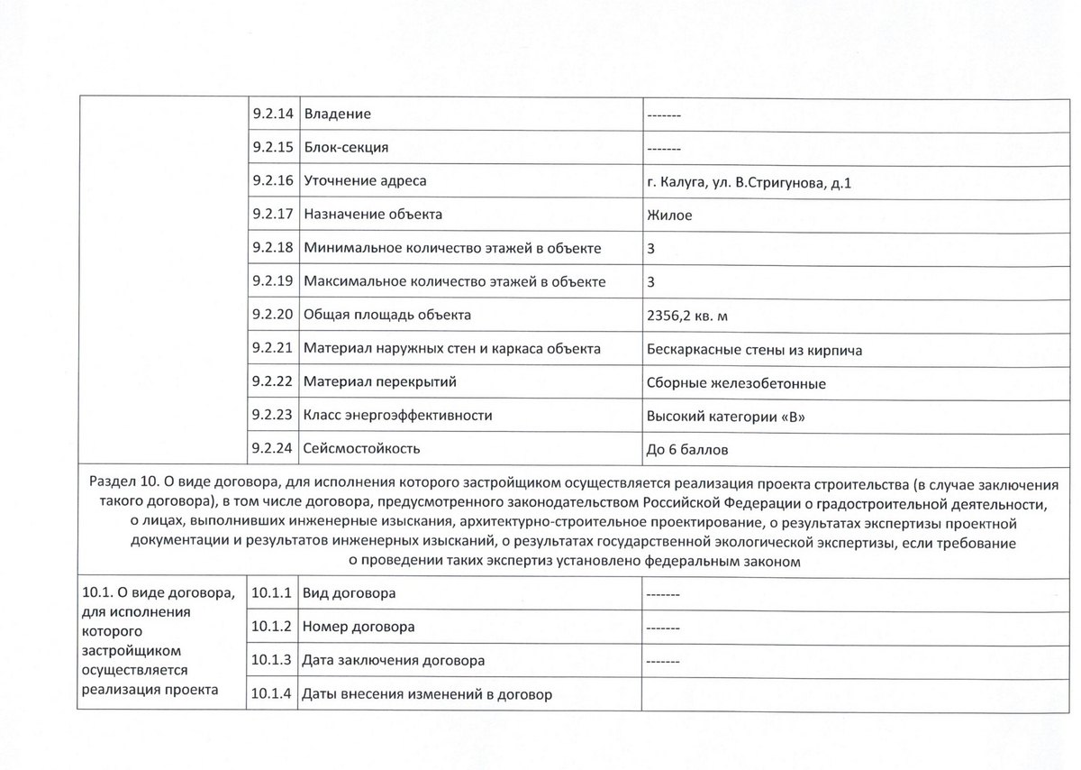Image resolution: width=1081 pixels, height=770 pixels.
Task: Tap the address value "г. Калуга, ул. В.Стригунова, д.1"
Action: click(x=749, y=182)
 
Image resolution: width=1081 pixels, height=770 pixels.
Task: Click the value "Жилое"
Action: click(x=669, y=215)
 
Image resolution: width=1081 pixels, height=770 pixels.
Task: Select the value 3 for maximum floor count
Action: click(x=651, y=281)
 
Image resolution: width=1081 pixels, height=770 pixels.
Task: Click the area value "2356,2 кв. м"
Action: click(x=692, y=316)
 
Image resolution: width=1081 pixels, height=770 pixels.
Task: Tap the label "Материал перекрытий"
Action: click(x=380, y=382)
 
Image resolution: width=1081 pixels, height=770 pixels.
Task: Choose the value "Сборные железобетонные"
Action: click(x=736, y=382)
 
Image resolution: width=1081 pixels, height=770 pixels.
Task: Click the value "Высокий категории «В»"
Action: click(x=724, y=416)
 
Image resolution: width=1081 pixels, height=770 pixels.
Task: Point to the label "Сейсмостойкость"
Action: click(x=362, y=448)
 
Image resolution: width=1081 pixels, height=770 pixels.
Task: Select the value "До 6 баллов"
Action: click(x=687, y=448)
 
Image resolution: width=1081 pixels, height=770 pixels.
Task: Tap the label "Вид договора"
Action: click(x=350, y=594)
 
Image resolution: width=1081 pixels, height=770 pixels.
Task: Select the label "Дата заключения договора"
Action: click(x=393, y=661)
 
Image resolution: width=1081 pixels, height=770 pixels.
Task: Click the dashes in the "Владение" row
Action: click(x=663, y=115)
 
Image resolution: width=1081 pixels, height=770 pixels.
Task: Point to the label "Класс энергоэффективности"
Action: click(x=398, y=416)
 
